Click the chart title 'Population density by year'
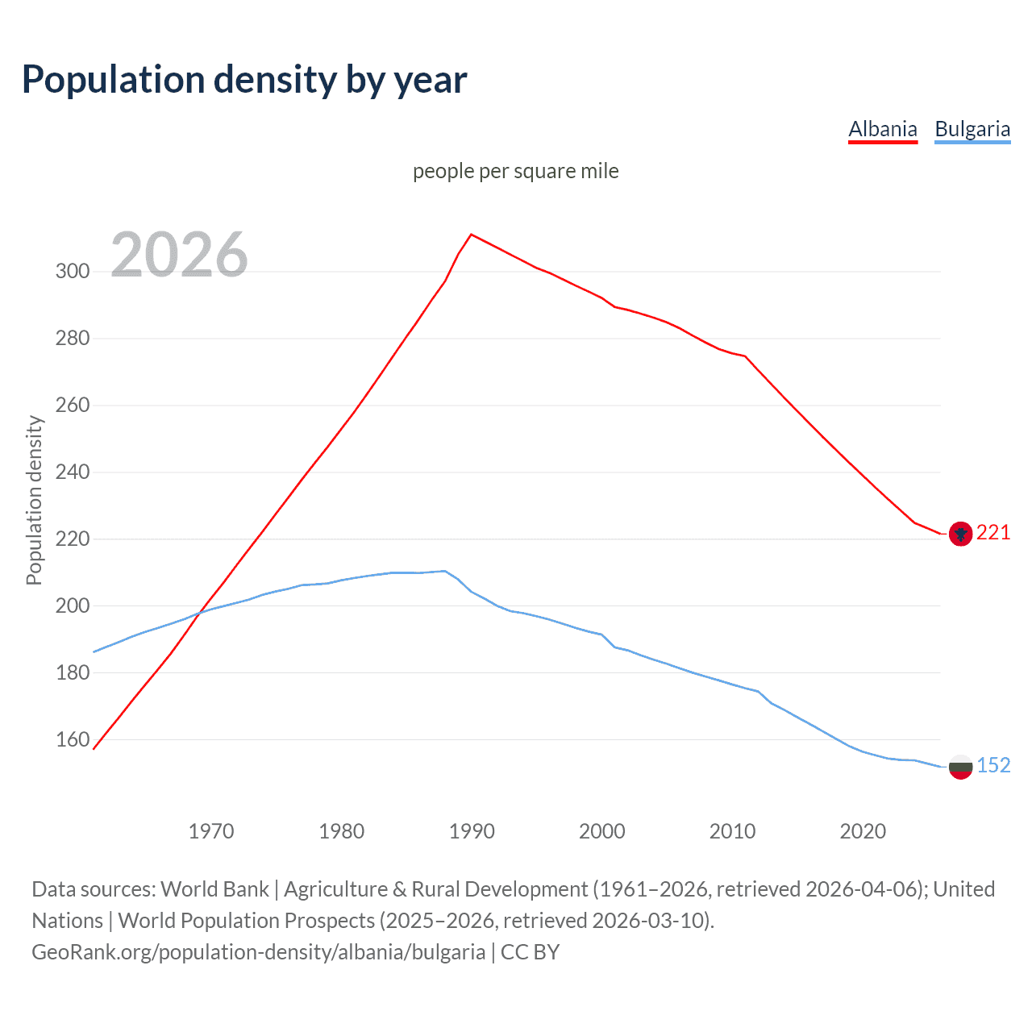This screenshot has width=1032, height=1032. [x=244, y=80]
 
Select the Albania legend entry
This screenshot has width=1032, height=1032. [x=883, y=129]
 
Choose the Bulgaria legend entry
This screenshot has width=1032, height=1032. [x=972, y=129]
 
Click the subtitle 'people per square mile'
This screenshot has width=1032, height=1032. [x=516, y=171]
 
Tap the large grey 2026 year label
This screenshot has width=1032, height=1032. [x=179, y=255]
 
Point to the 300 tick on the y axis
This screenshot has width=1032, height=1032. [x=73, y=271]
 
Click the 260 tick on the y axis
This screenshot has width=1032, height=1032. [x=73, y=405]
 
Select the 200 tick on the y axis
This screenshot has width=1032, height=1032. [x=73, y=605]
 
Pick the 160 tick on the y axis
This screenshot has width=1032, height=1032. [x=73, y=739]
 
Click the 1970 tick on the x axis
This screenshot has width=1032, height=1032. [x=211, y=830]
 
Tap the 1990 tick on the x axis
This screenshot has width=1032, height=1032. [x=472, y=830]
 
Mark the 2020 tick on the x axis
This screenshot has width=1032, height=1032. [x=863, y=830]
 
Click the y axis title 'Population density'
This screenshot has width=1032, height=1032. [x=34, y=500]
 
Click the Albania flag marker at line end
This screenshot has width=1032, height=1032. [x=959, y=534]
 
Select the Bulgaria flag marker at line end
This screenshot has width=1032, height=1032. [x=959, y=767]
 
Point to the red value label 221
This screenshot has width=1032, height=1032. [x=993, y=533]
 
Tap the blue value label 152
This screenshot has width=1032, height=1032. [x=993, y=765]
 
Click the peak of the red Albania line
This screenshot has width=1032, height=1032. [x=472, y=235]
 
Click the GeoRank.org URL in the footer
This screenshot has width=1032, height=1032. [x=258, y=952]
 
